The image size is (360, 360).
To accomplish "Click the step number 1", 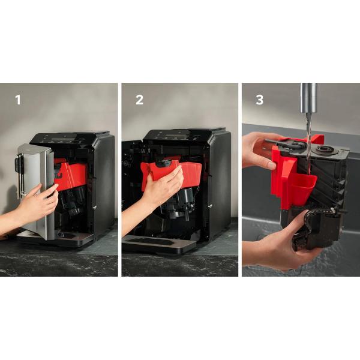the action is tap(18, 100).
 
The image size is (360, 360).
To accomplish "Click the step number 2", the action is tap(139, 100).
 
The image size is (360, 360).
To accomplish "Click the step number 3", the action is tap(259, 100).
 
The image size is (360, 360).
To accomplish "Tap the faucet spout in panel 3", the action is tap(309, 98).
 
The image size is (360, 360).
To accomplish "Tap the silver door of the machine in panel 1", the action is tap(37, 191).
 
